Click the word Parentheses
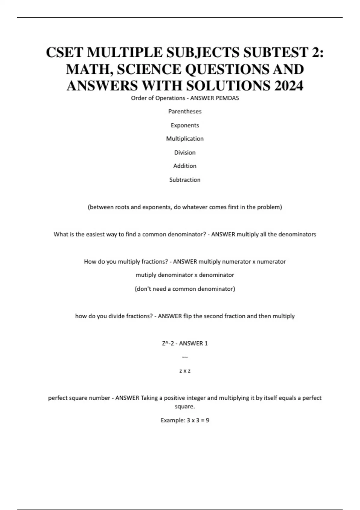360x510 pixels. (x=185, y=111)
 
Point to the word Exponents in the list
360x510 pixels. (x=185, y=125)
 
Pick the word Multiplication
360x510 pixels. (x=185, y=139)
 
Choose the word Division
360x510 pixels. (x=185, y=152)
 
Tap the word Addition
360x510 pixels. (x=185, y=166)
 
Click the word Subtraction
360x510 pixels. (x=185, y=180)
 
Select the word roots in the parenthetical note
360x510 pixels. (x=122, y=207)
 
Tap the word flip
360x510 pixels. (x=187, y=316)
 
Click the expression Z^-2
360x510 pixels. (x=168, y=343)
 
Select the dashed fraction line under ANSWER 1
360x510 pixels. (x=185, y=357)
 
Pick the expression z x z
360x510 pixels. (x=185, y=371)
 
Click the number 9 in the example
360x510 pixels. (x=207, y=420)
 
